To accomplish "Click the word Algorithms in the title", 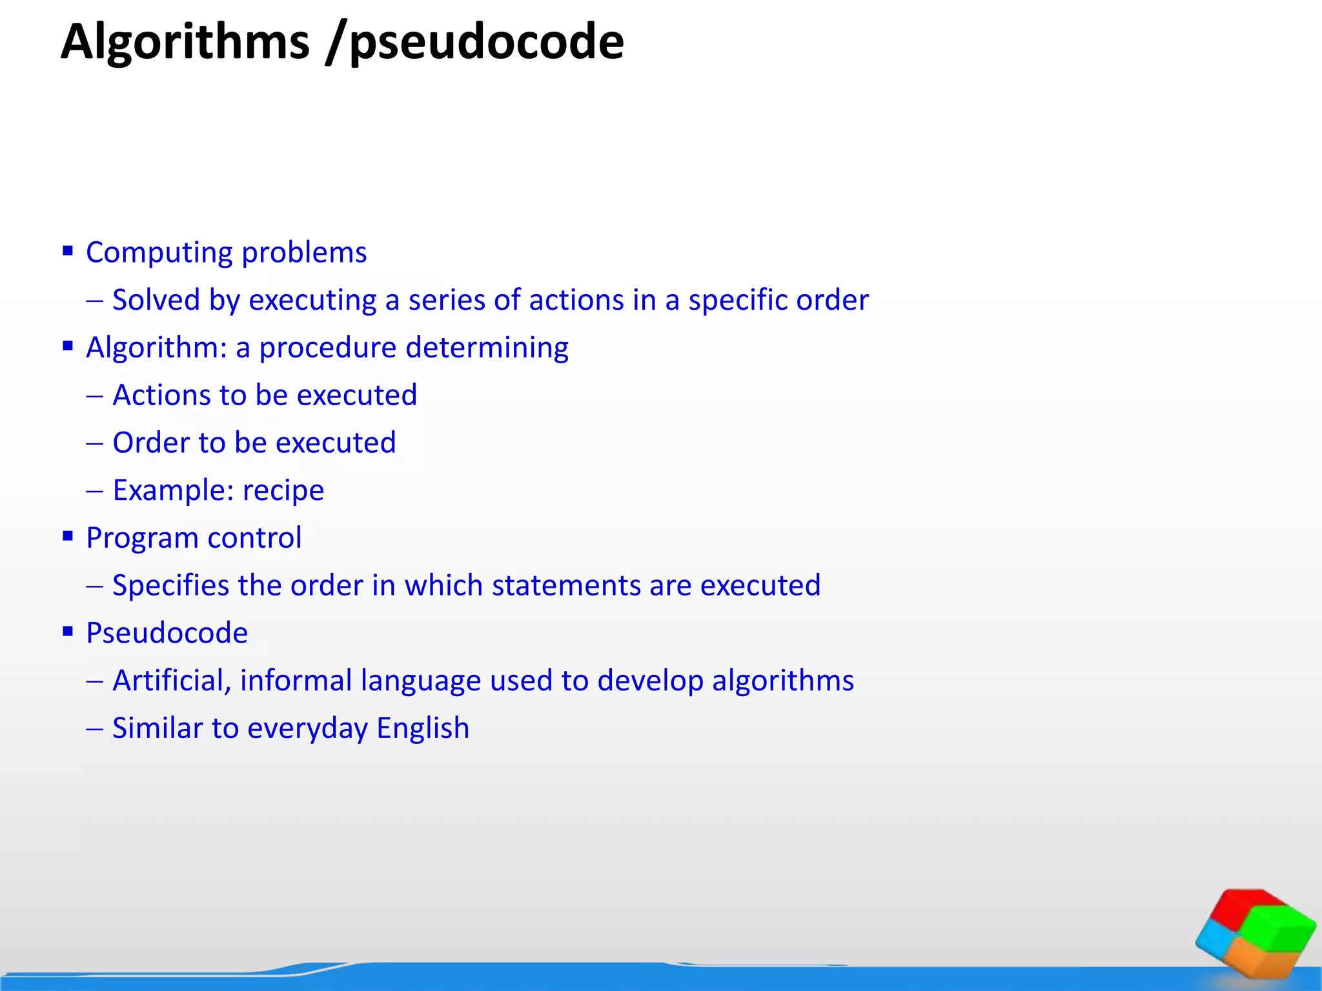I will (185, 43).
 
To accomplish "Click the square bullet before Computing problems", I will (68, 250).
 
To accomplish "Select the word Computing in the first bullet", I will (159, 253).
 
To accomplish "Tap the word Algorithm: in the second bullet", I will (156, 348).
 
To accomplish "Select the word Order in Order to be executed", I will (150, 443).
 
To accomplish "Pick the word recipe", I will (283, 491).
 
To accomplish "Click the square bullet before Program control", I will (68, 536).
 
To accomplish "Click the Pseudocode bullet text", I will (167, 634).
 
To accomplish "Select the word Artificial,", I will (172, 681).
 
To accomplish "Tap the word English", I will (423, 729).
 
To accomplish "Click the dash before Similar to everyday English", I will (94, 729).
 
